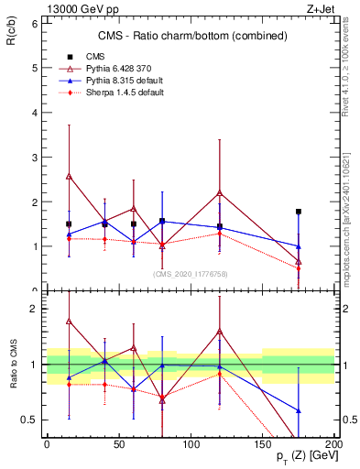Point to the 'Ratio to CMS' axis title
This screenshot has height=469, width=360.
14,364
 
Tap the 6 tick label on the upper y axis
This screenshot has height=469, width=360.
34,23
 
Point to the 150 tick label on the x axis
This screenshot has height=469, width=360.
263,443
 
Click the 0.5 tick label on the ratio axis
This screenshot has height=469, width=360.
29,420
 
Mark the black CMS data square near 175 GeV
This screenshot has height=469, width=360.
299,212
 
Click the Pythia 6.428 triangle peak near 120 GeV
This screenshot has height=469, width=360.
220,192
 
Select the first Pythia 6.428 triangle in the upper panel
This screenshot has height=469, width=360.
69,176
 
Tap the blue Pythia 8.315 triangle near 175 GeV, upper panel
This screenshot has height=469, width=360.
299,245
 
